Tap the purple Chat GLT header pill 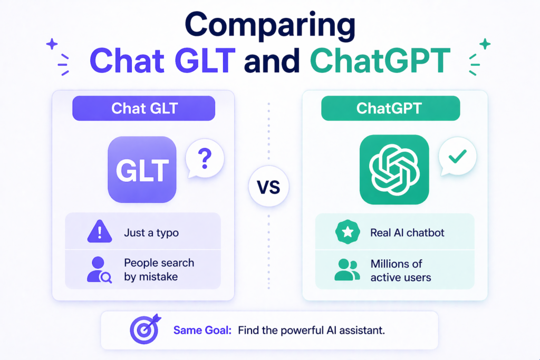tap(143, 109)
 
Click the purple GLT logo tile tap(142, 170)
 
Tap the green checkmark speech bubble tap(458, 157)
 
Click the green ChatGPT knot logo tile tap(394, 170)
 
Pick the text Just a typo tap(151, 232)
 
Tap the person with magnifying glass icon tap(99, 269)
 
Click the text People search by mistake tap(159, 269)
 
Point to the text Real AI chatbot tap(408, 232)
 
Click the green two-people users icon tap(346, 269)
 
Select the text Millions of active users tap(400, 270)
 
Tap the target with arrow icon tap(143, 330)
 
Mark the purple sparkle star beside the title tap(52, 44)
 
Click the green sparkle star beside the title tap(485, 44)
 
